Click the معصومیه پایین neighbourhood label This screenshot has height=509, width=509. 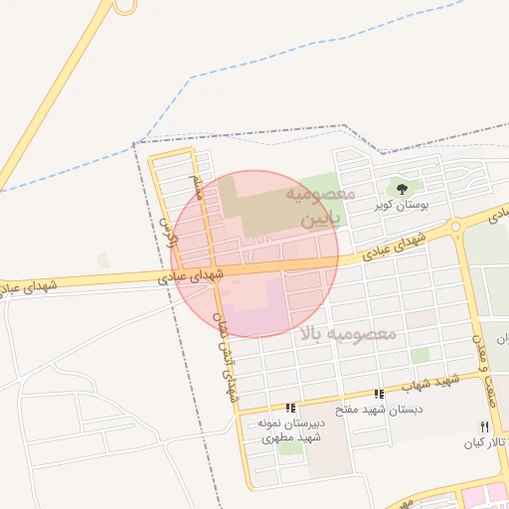coord(320,203)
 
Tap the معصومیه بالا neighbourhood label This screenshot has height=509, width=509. coord(346,333)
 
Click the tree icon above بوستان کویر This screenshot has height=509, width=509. coord(403,188)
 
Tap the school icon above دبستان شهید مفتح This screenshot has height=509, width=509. coord(379,394)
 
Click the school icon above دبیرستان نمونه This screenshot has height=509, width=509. coord(290,408)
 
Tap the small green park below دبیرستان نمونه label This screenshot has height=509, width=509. coord(290,448)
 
